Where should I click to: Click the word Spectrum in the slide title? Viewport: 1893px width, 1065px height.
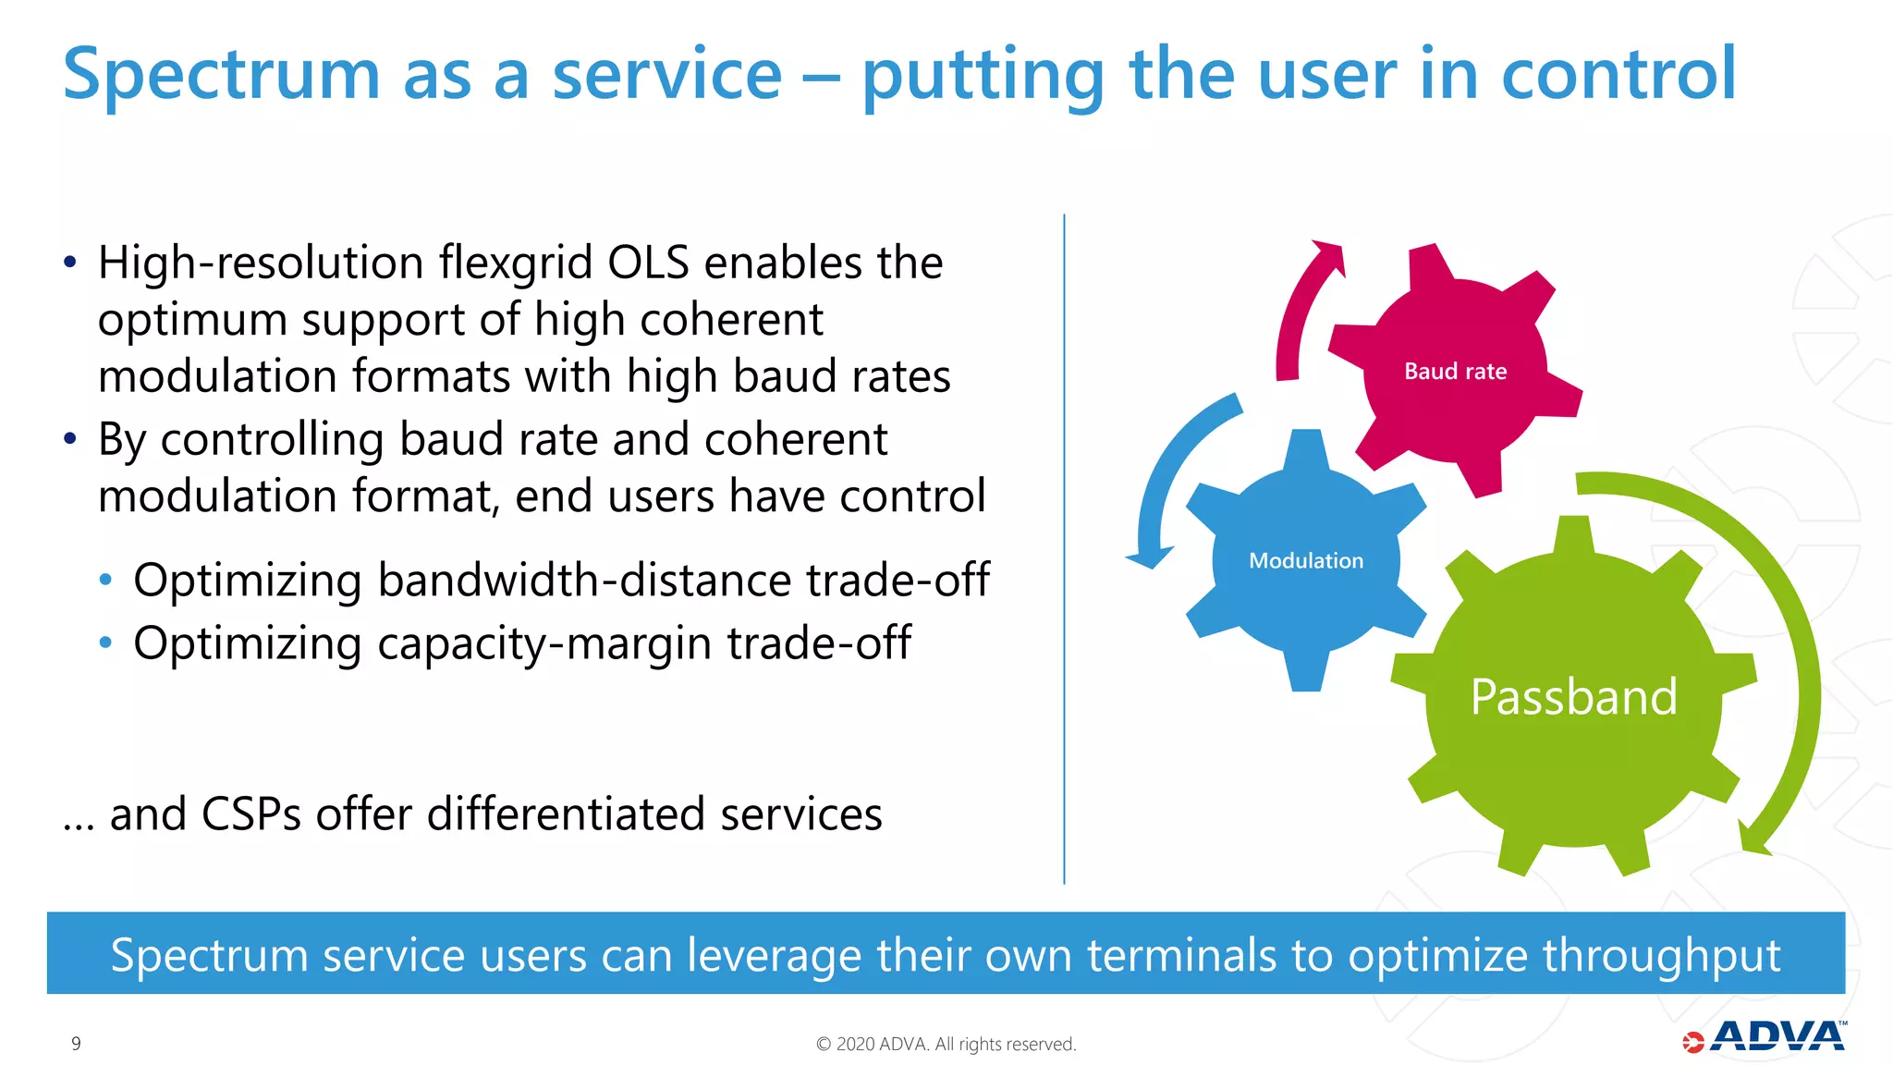tap(222, 76)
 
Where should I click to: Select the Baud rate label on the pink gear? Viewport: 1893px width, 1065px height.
tap(1455, 372)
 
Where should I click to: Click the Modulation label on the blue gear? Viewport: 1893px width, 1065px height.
tap(1305, 561)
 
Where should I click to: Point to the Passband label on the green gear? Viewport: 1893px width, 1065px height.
tap(1573, 697)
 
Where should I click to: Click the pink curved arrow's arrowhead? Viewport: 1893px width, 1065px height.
tap(1329, 257)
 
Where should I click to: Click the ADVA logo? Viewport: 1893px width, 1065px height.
tap(1765, 1037)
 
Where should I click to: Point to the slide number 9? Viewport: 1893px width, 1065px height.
tap(76, 1044)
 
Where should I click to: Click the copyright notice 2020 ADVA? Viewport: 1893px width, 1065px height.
tap(946, 1044)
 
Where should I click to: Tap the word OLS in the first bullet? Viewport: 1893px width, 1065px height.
tap(648, 263)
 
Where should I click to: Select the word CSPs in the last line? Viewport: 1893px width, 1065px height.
tap(250, 814)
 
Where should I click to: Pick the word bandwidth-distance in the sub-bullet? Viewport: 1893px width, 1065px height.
tap(583, 581)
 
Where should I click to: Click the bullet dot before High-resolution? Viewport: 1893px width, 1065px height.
tap(70, 263)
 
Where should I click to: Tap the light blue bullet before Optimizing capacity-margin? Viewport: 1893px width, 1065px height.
tap(106, 643)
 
